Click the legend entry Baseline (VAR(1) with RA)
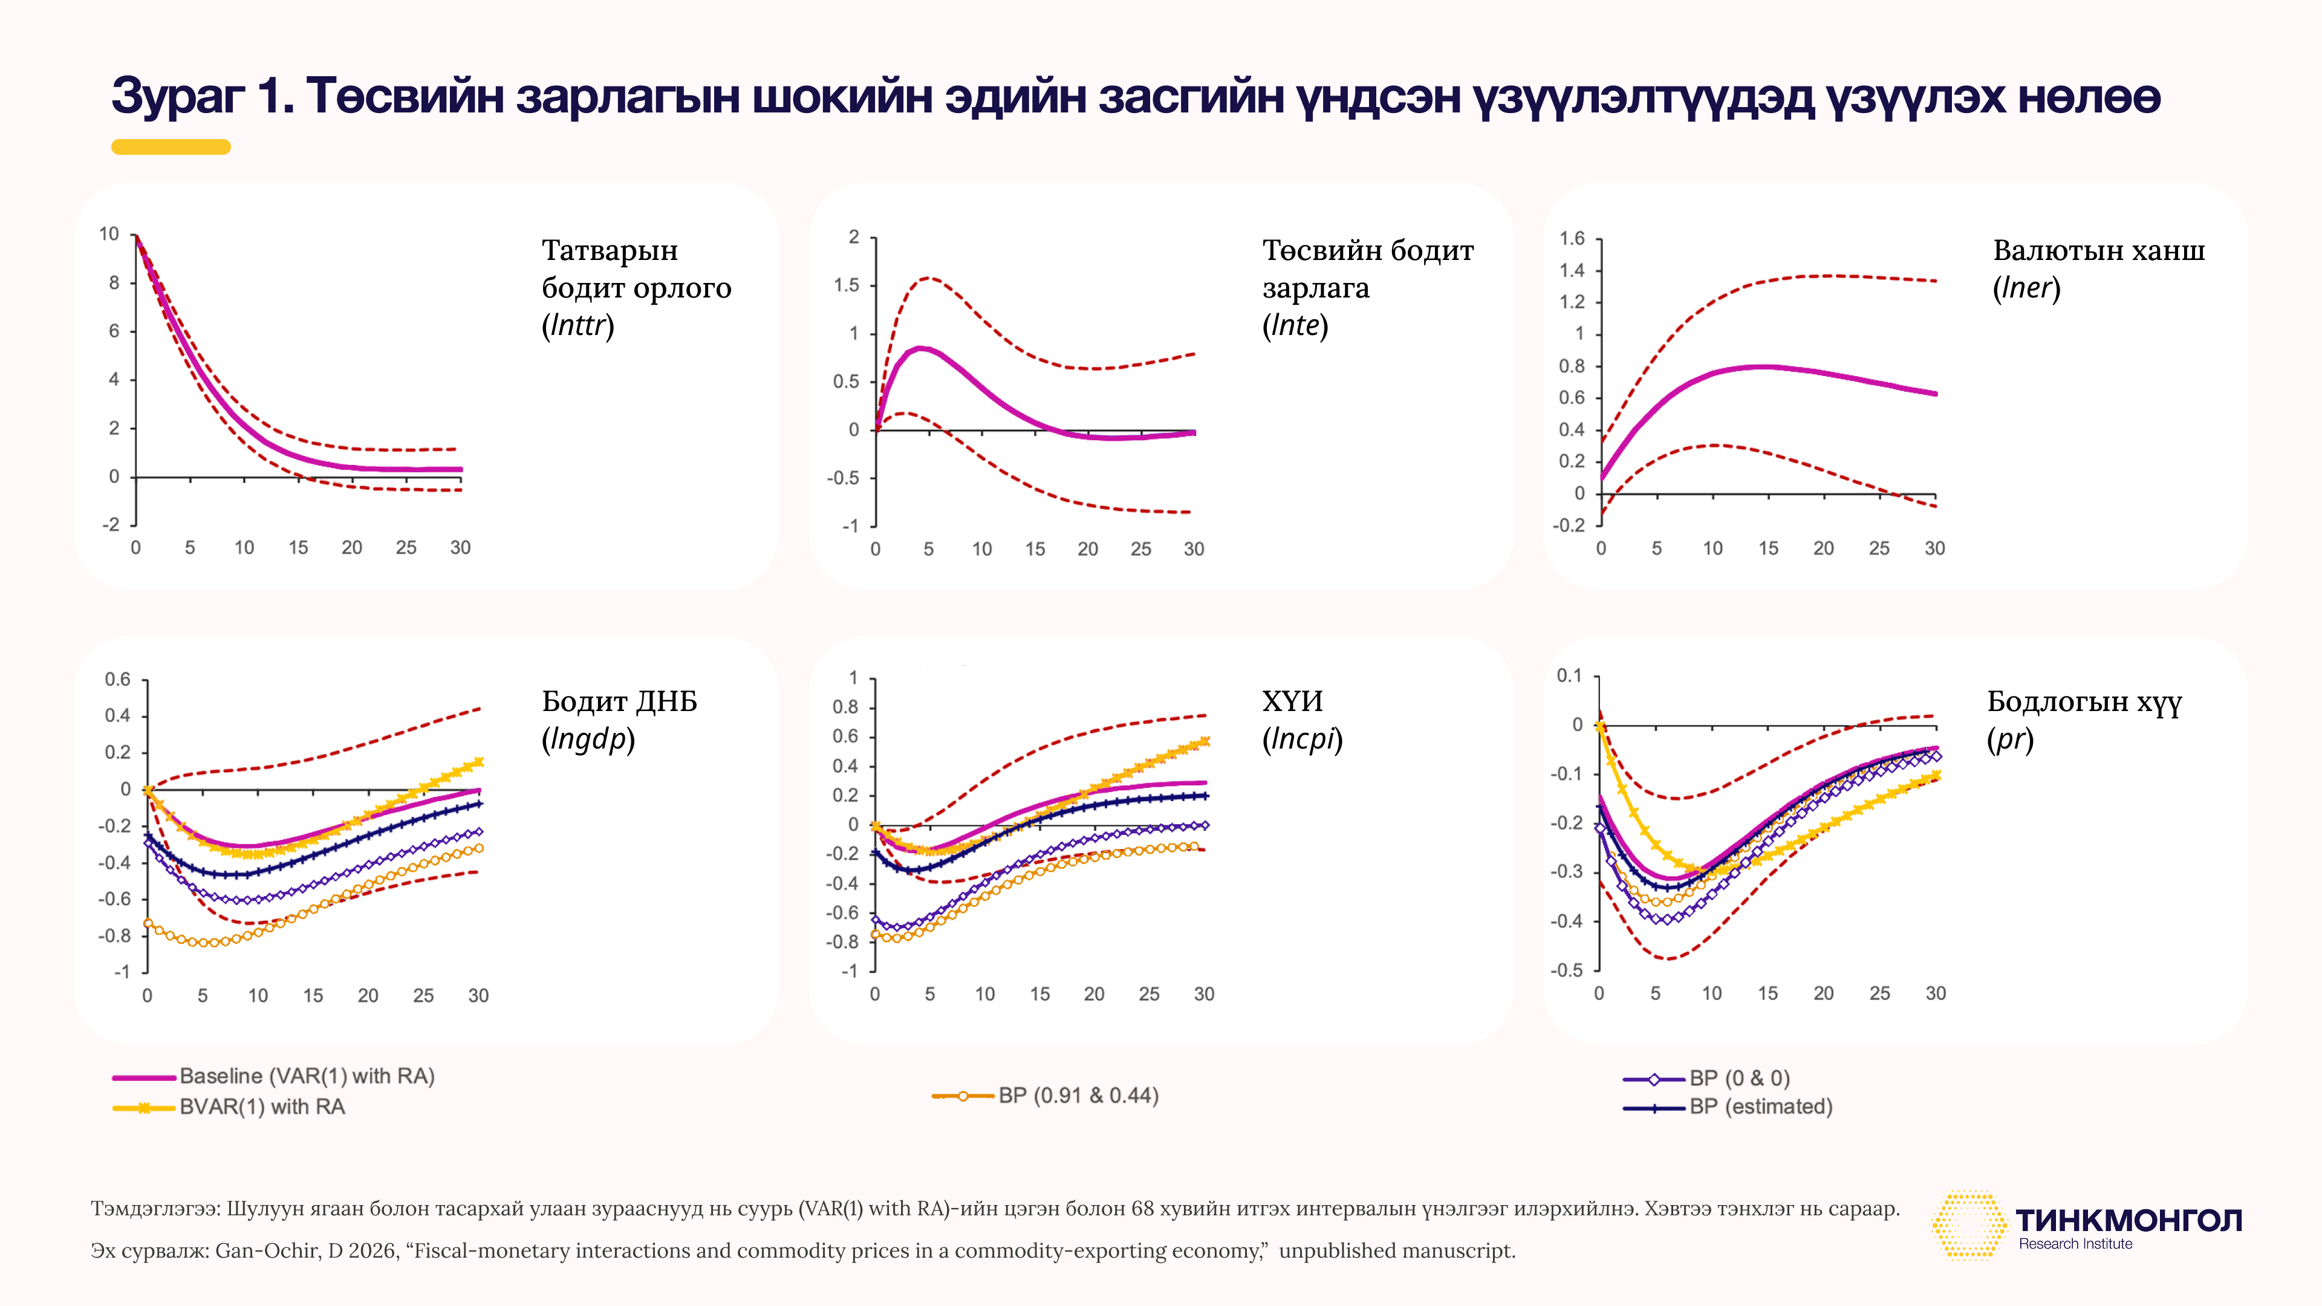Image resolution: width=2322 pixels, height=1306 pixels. point(274,1076)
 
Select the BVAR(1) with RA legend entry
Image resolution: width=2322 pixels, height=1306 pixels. point(229,1107)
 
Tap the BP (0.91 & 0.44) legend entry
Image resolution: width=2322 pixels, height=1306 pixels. point(1045,1096)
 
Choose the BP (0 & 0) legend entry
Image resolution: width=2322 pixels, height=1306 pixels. point(1706,1078)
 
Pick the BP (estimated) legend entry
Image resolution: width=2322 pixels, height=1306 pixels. point(1728,1107)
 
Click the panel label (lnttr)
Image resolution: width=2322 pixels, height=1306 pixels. point(578,325)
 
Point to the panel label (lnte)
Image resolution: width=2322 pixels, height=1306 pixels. point(1295,325)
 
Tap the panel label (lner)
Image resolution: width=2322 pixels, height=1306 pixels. point(2026,288)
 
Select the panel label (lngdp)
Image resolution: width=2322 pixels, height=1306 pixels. point(588,739)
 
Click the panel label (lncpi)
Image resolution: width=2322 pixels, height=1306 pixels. point(1302,739)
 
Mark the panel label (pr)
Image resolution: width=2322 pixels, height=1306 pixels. point(2010,739)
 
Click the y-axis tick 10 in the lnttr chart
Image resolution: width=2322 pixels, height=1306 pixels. point(109,235)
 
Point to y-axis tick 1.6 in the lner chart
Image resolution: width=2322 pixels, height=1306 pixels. point(1572,238)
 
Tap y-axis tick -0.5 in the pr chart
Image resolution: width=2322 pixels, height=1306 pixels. point(1567,970)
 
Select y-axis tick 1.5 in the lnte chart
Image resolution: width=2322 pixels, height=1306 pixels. point(847,285)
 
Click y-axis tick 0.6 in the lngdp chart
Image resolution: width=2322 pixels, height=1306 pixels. point(118,678)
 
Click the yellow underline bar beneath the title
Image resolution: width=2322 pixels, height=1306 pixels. point(171,147)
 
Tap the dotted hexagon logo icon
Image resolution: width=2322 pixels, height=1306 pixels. point(1969,1226)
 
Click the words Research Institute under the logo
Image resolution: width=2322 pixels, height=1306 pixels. point(2075,1244)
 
